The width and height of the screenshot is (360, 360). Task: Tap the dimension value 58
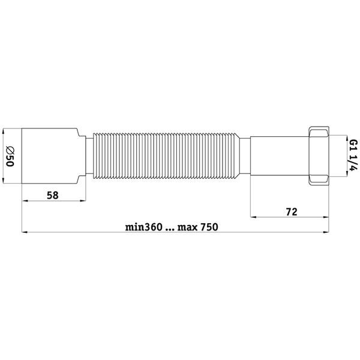coord(53,195)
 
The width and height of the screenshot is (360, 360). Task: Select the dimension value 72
coord(292,212)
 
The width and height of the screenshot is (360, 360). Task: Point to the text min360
coord(144,227)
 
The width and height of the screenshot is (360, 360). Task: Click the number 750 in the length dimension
coord(209,227)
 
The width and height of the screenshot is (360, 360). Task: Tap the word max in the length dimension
coord(187,228)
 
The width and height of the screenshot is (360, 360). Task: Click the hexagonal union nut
coord(319,155)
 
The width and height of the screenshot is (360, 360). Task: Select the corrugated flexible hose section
coord(166,155)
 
